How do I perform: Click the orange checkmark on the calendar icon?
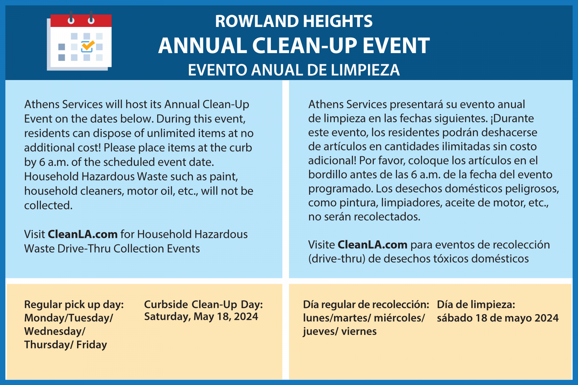88,46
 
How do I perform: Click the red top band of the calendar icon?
81,22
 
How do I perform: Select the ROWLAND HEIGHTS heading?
294,22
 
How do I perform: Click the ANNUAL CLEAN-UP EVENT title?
294,45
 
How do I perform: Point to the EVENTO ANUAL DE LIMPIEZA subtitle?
294,70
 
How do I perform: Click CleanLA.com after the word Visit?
82,234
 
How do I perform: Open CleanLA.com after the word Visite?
372,244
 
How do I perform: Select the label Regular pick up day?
74,305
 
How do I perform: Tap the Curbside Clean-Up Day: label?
203,305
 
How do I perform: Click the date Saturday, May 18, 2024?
201,316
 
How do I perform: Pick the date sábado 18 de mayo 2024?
497,318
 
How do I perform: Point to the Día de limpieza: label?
476,305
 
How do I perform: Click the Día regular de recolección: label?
366,305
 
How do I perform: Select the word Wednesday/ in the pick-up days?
55,331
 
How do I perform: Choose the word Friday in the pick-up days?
92,345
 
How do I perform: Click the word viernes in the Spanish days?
359,331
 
